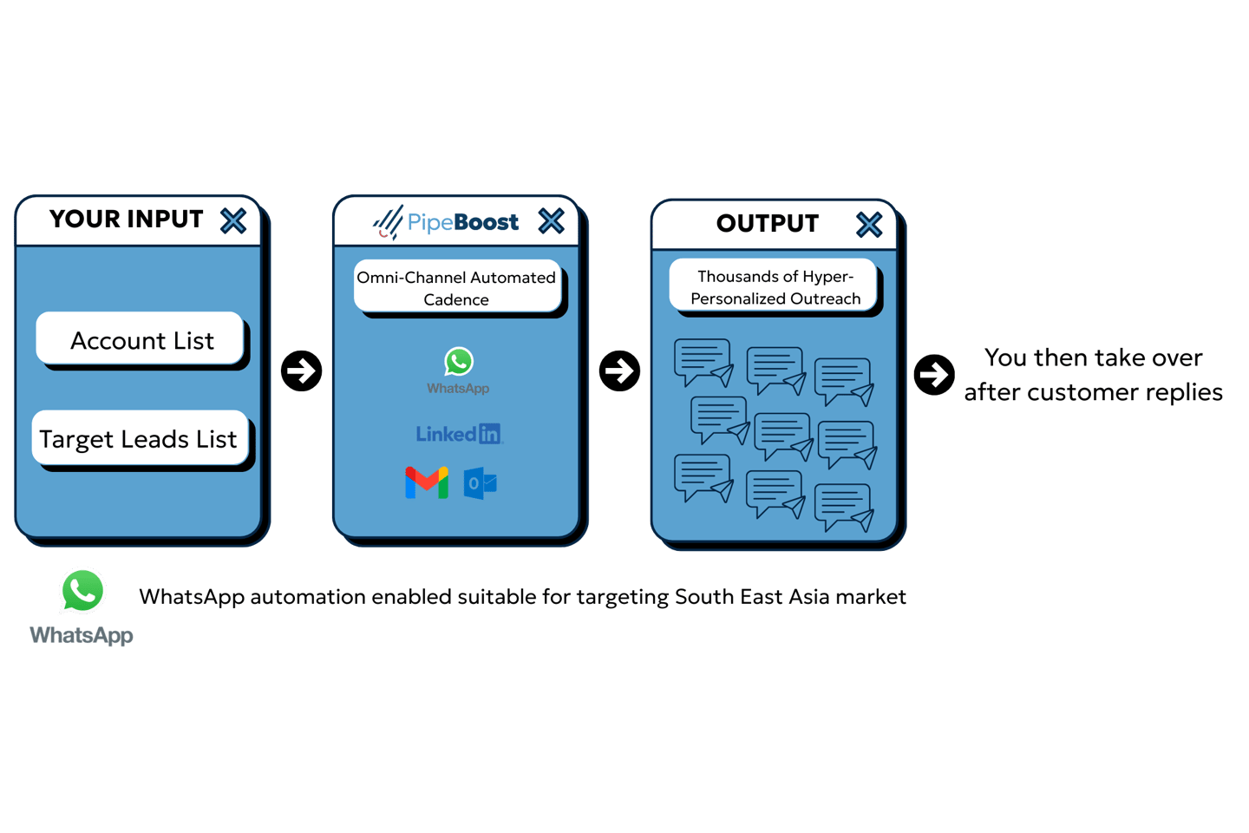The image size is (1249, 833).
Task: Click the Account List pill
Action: coord(140,338)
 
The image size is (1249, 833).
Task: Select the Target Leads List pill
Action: coord(140,438)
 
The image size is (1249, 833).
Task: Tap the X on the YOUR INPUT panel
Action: coord(233,221)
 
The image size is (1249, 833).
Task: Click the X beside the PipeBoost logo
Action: coord(552,220)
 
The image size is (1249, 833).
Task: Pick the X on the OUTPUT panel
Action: coord(869,225)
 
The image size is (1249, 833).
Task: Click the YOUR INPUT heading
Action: coord(126,220)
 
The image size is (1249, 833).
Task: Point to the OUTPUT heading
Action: coord(768,223)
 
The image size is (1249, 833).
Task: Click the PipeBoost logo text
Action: coord(463,222)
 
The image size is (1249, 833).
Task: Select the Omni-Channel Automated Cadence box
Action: coord(457,287)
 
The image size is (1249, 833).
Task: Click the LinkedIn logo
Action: coord(460,434)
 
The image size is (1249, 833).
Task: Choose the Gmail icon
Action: coord(427,482)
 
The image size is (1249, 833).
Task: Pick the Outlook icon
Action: coord(481,483)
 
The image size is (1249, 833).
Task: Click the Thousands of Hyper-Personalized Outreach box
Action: coord(774,285)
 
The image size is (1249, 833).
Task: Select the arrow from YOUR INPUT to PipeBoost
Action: coord(302,371)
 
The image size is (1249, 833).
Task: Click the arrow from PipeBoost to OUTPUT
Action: coord(619,371)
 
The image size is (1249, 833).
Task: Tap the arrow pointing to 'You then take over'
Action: coord(934,374)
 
